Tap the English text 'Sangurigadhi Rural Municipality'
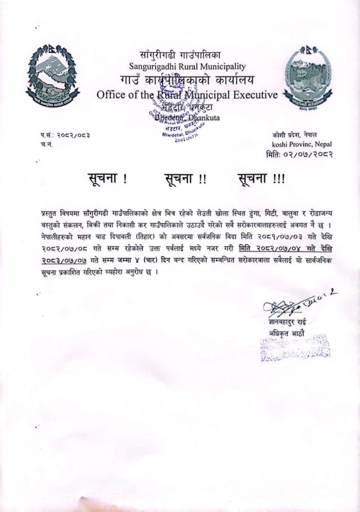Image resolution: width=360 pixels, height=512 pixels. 184,65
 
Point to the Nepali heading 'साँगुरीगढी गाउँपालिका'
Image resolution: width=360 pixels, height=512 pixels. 184,53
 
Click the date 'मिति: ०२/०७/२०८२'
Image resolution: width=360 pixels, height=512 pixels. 299,154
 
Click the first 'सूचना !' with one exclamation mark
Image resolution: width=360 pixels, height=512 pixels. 107,180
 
